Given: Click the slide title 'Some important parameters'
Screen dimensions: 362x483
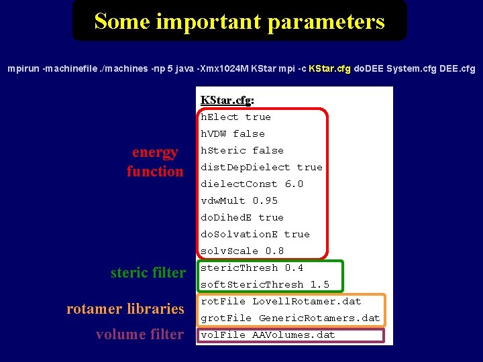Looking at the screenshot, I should click(239, 21).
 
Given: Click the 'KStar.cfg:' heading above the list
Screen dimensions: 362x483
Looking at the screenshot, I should click(227, 101).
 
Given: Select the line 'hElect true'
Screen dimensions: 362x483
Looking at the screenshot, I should click(235, 117).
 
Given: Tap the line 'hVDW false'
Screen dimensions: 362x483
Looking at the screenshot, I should click(233, 133).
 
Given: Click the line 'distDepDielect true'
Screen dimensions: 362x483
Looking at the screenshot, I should click(262, 167).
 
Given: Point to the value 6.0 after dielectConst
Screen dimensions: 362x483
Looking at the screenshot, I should click(294, 184).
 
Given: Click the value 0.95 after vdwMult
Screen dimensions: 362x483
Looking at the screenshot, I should click(265, 200).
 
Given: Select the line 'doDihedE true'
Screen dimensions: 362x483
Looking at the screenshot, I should click(242, 217).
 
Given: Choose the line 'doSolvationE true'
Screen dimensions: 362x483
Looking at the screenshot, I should click(255, 234).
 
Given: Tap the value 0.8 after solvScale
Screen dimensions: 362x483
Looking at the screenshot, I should click(274, 251).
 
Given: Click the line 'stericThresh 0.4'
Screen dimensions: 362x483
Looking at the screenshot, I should click(252, 267).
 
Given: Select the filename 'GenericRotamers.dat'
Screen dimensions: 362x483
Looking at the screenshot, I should click(319, 318).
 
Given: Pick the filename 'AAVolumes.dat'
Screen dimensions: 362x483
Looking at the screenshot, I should click(293, 335).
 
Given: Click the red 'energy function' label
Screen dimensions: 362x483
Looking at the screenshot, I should click(155, 162).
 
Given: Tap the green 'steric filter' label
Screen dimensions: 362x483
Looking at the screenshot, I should click(148, 273).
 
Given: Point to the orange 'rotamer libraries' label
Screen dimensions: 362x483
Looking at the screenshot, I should click(125, 309).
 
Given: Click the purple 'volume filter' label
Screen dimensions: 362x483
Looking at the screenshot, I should click(140, 335).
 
